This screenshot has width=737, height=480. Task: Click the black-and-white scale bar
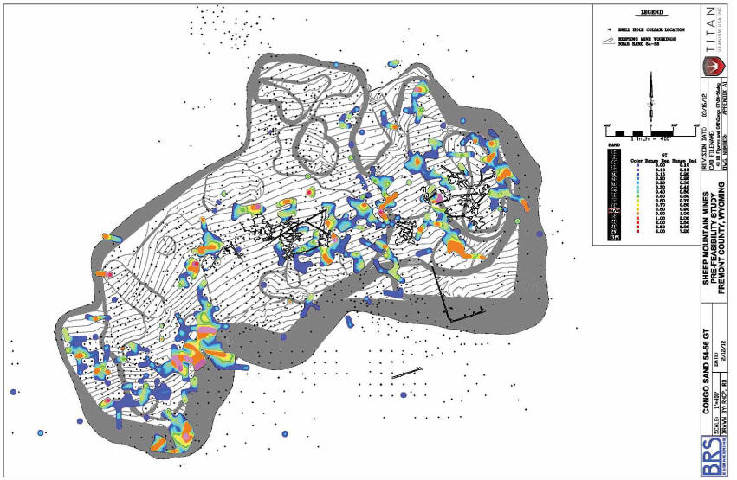649,132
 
